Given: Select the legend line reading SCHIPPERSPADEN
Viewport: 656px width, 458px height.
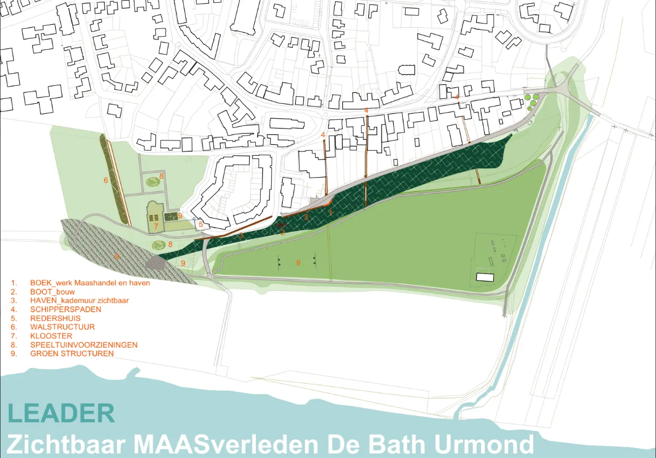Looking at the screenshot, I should [66, 309].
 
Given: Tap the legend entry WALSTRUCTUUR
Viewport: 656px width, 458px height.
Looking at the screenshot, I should [62, 327].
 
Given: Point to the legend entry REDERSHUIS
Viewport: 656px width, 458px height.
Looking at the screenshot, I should [55, 318].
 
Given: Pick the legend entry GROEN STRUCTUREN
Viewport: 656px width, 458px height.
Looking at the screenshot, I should [72, 354].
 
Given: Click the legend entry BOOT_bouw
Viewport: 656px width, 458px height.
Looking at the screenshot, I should [52, 292].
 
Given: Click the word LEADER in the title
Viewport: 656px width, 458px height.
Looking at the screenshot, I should [61, 413].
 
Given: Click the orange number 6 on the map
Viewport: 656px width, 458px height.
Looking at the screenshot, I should [106, 180].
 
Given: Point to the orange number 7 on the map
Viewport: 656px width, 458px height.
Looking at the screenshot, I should [155, 226].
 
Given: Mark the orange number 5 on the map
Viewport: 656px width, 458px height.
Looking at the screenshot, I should [201, 224].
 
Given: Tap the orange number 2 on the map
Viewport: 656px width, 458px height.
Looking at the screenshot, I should [283, 232].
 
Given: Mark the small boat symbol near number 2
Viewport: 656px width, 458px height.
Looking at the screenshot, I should [281, 225].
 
